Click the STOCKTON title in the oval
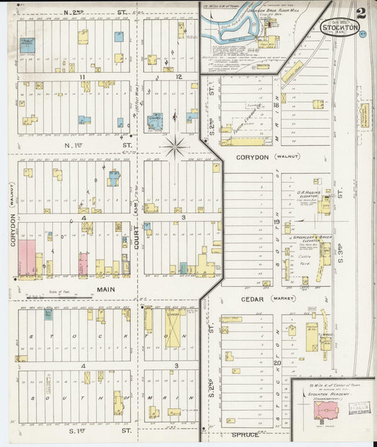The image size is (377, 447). tap(340, 29)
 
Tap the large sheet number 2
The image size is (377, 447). tap(361, 13)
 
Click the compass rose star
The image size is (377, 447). tap(175, 147)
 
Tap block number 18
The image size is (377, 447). tap(277, 105)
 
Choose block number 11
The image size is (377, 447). tap(83, 76)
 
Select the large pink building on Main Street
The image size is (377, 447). tap(27, 257)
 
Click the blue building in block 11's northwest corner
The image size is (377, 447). tap(27, 45)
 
